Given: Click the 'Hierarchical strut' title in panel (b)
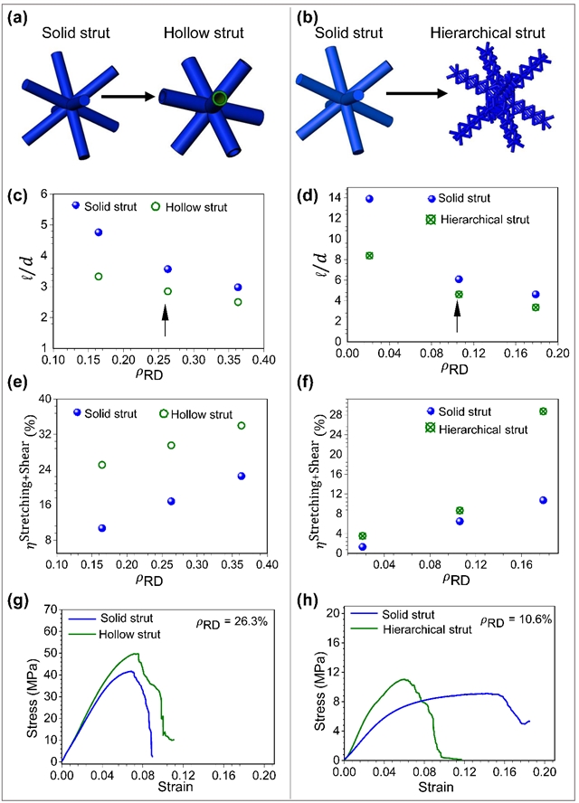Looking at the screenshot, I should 492,33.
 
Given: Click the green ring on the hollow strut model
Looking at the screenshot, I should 218,98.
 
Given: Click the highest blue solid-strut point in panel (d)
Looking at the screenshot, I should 369,199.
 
